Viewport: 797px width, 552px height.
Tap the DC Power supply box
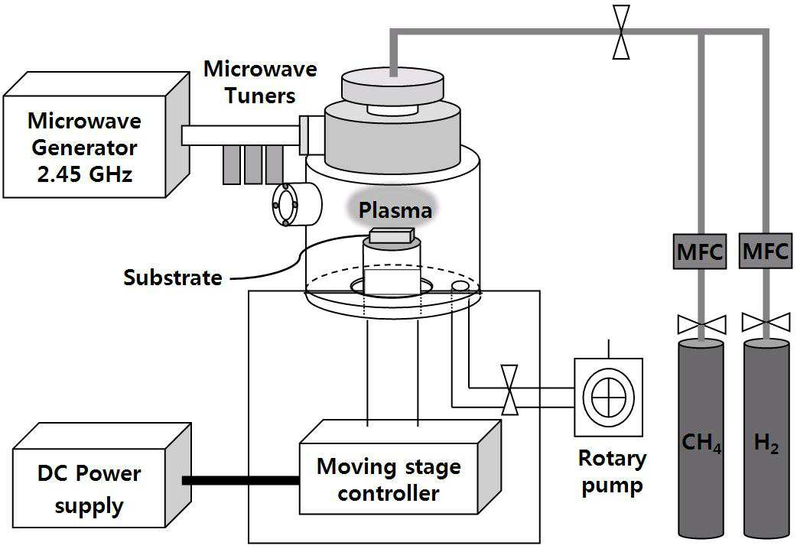(102, 476)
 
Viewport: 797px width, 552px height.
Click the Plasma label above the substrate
(395, 210)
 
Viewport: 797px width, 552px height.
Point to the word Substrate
(173, 278)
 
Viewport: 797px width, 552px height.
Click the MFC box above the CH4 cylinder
(700, 251)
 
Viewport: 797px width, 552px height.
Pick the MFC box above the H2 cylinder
(765, 251)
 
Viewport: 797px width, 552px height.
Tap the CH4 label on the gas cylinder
(701, 442)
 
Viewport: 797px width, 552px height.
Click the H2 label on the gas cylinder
(766, 442)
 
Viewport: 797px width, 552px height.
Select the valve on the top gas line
(621, 33)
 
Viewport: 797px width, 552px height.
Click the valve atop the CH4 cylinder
(701, 323)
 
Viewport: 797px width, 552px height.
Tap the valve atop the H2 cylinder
(766, 323)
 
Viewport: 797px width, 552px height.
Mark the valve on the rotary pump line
(509, 389)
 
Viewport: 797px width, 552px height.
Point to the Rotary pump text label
(612, 472)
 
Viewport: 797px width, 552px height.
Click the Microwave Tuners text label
(260, 82)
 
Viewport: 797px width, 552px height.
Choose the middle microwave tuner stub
(253, 164)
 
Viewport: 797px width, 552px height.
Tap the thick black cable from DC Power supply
(240, 480)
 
